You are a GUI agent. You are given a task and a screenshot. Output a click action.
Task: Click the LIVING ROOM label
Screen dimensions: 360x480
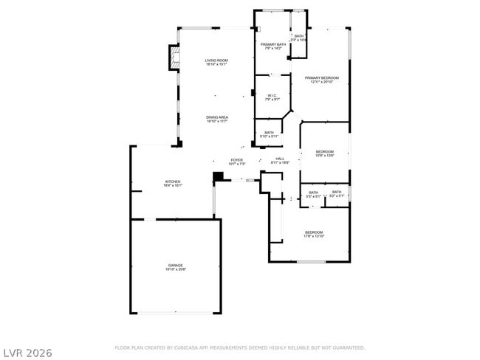pos(216,60)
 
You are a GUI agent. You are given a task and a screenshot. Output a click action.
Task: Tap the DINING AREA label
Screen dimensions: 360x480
pos(216,117)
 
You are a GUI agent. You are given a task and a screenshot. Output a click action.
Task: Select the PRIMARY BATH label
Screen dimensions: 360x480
pos(273,44)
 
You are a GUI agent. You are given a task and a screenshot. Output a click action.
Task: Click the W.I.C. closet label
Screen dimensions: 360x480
pos(272,95)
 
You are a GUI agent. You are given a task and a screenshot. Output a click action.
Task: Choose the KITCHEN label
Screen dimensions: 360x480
pos(172,181)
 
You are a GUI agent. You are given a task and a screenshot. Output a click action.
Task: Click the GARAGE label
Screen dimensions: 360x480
pos(175,265)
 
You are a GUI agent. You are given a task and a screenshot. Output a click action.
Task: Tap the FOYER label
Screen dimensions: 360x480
pos(236,159)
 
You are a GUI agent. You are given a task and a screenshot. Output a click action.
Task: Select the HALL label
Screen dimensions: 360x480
pos(280,159)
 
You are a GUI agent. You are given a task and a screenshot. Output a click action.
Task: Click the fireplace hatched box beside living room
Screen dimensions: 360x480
pos(174,59)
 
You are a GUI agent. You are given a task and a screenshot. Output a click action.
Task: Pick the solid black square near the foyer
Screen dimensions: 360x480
pos(218,176)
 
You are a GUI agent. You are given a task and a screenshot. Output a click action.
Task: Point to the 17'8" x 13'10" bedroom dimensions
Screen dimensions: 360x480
pos(314,237)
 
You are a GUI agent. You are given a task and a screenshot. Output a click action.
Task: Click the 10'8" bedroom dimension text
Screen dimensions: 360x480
pos(325,156)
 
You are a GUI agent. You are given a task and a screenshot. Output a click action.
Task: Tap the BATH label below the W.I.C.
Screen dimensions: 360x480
pos(269,133)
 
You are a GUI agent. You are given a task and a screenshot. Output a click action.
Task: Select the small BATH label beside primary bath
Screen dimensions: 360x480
pos(298,36)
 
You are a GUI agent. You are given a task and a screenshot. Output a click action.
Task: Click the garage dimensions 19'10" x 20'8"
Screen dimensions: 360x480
pos(175,269)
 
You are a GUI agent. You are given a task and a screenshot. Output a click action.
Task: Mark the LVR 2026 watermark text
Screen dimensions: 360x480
pos(27,353)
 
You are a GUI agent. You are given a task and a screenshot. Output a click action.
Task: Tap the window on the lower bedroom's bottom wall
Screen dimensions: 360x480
pos(310,261)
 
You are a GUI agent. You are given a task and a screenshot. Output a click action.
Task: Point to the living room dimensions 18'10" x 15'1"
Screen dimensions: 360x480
pos(216,64)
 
